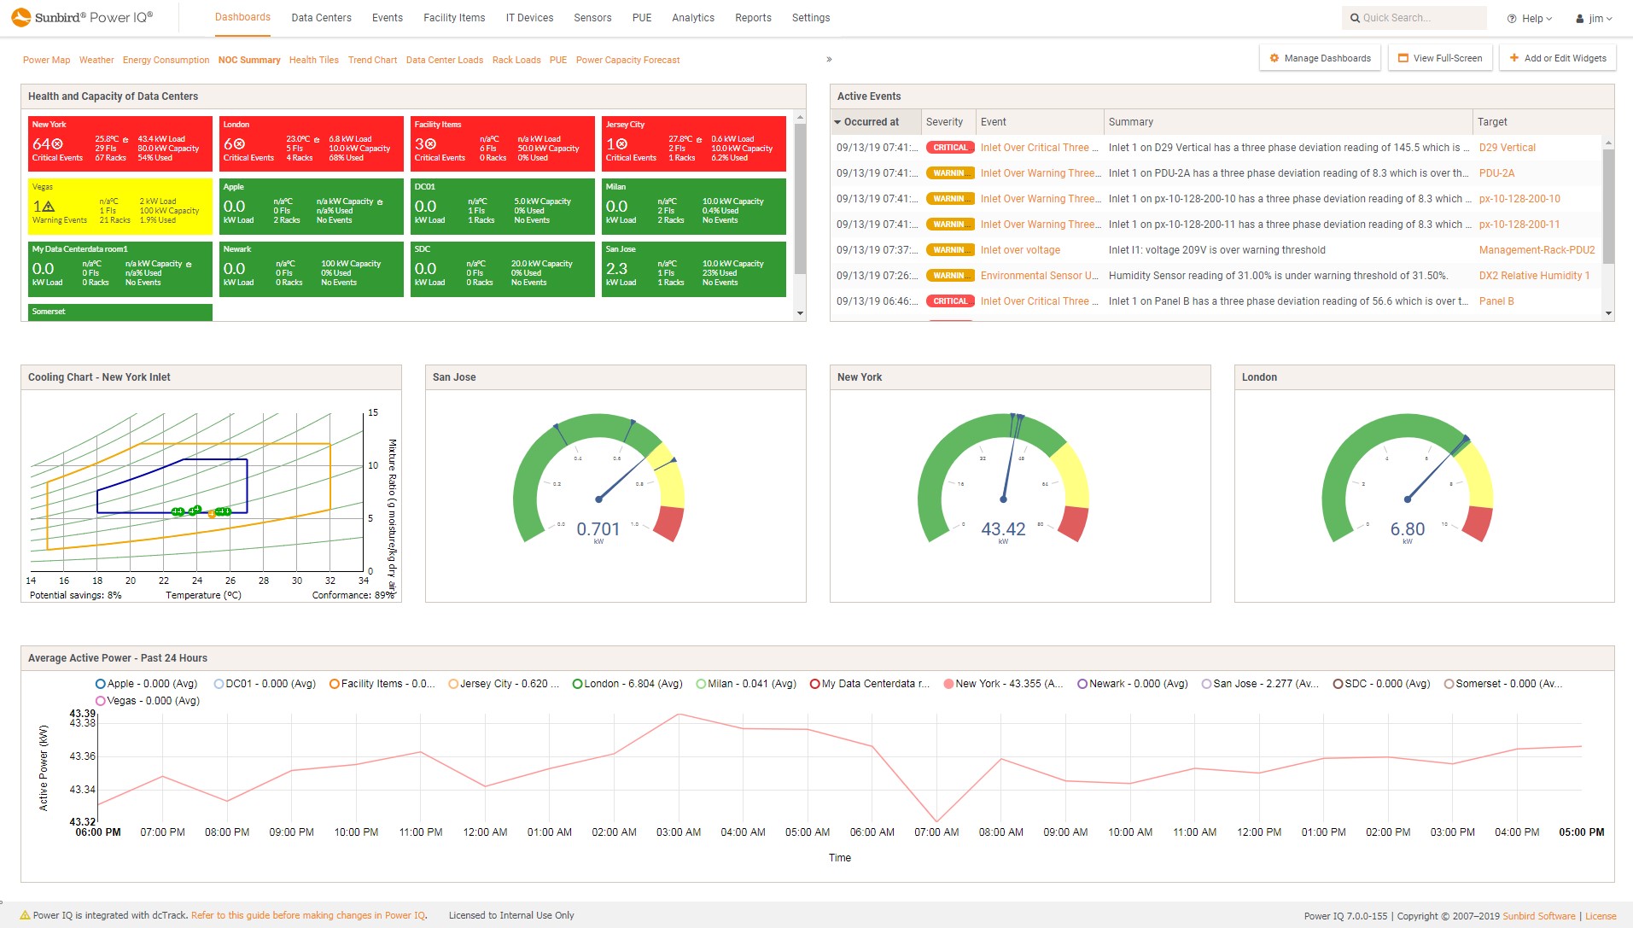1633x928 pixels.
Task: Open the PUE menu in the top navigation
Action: click(641, 18)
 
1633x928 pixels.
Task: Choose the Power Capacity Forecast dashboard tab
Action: click(627, 60)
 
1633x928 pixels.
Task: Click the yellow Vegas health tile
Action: click(120, 206)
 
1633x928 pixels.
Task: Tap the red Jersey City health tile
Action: click(693, 143)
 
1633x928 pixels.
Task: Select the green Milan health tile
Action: click(693, 206)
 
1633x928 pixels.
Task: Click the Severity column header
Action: click(944, 122)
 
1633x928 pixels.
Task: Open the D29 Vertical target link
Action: click(1507, 148)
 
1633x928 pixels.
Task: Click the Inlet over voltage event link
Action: click(1020, 250)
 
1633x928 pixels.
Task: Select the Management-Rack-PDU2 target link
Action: click(1537, 250)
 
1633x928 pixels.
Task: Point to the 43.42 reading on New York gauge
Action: click(1003, 529)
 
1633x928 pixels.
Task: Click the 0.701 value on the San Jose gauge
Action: click(598, 529)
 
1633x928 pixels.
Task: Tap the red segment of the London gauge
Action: click(1478, 522)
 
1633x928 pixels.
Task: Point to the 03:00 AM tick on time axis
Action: click(679, 832)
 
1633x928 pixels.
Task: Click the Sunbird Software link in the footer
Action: click(1538, 916)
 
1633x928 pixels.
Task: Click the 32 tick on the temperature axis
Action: click(330, 581)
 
